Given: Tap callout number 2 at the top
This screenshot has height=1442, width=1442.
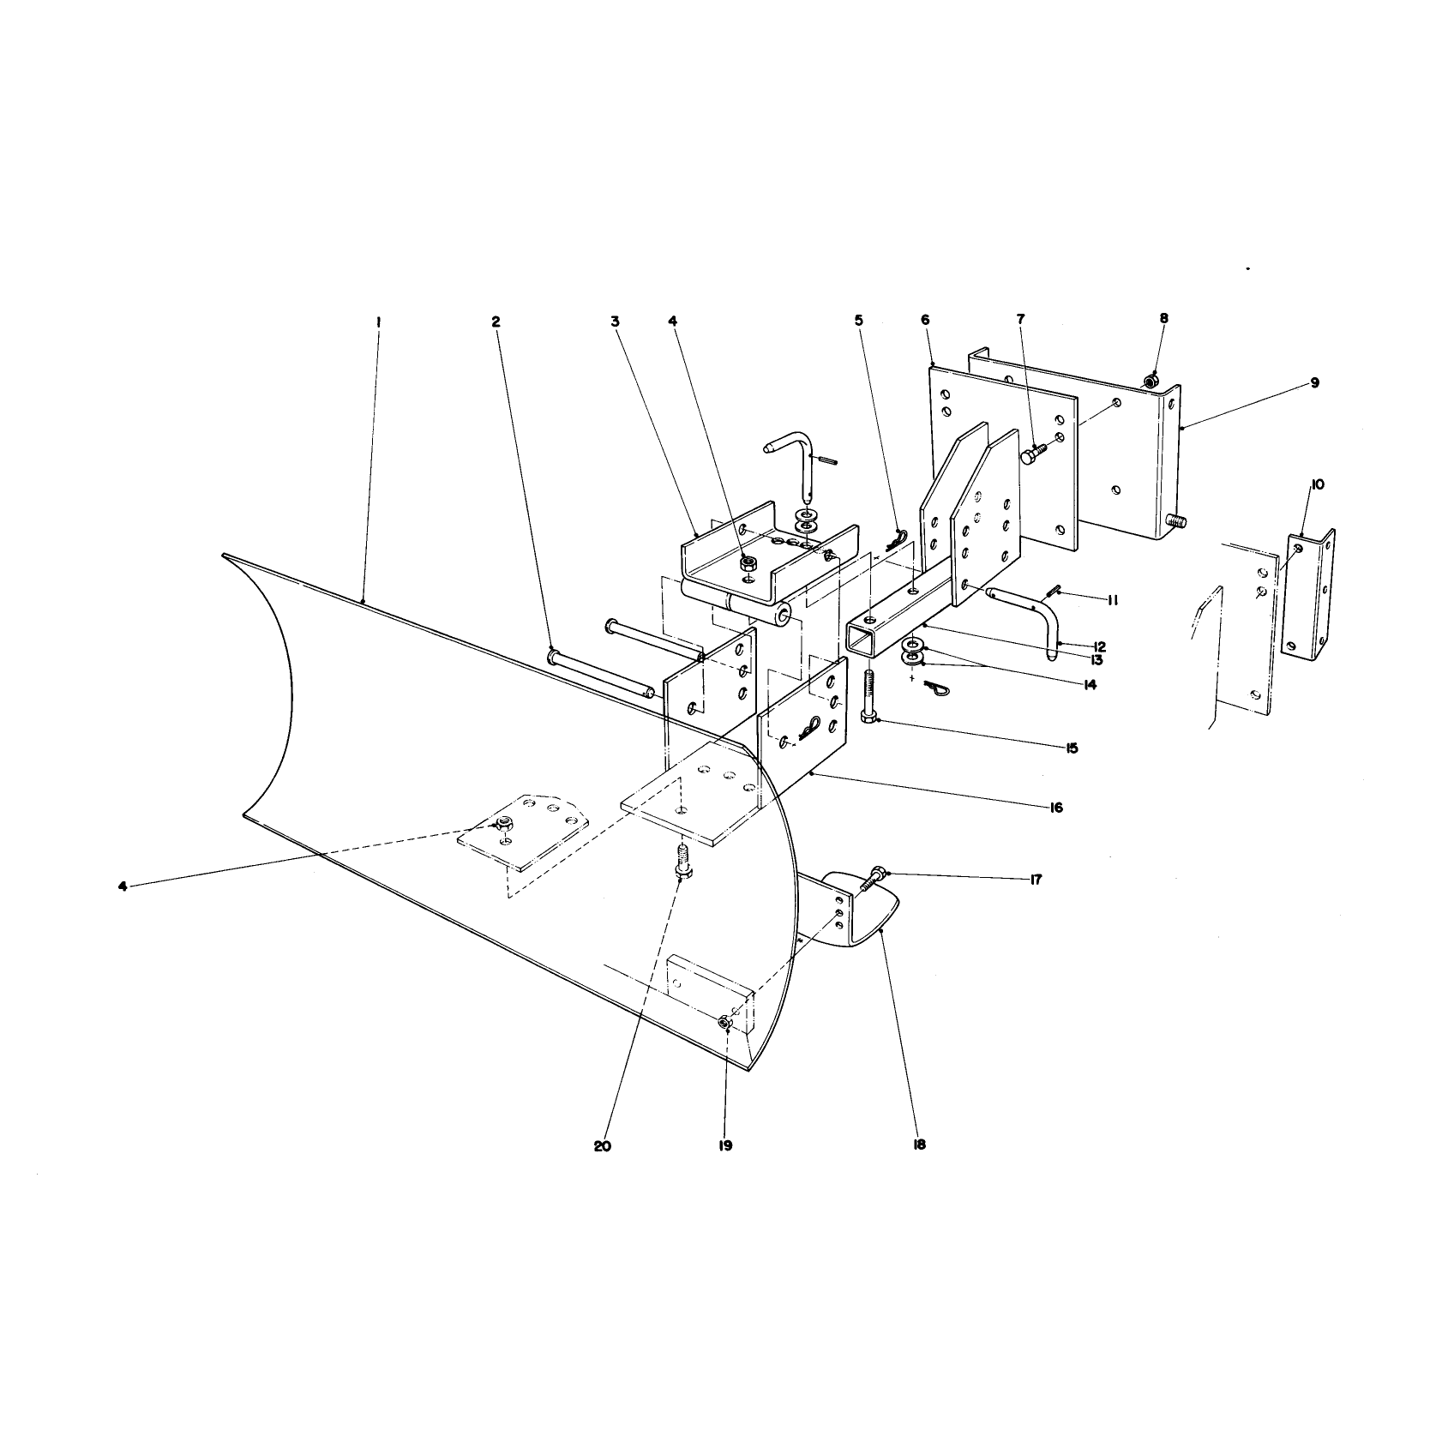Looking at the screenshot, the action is point(496,321).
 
